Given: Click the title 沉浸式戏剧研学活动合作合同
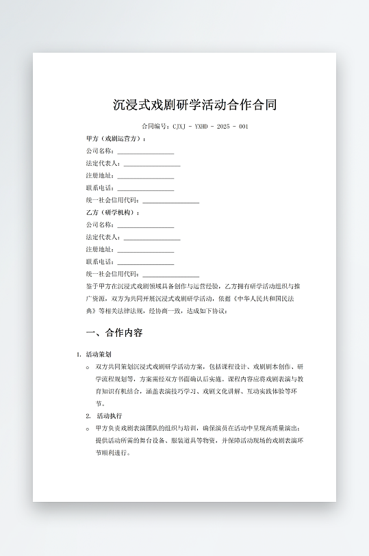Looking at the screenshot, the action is (195, 105).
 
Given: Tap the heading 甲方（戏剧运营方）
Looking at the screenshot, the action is (116, 139).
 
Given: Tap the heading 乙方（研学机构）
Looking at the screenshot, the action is (113, 213).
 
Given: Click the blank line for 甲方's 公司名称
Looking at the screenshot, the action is (146, 152).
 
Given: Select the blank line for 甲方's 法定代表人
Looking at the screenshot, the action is (152, 164).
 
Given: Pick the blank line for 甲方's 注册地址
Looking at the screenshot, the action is (146, 177).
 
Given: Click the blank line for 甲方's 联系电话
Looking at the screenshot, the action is (146, 189).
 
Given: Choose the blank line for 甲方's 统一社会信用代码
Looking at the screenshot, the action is (170, 201).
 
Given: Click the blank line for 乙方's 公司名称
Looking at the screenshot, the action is (146, 226).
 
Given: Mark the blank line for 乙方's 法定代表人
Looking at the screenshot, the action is (152, 238).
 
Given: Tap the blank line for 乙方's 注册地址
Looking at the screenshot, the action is (146, 251).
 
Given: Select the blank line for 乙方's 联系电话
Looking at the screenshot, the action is (146, 263).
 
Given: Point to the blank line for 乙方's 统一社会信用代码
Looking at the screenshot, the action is (170, 275).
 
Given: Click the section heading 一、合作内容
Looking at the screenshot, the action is (114, 333).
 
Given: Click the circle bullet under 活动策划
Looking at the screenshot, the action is (88, 368).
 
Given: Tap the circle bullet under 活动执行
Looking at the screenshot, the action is (88, 429).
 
